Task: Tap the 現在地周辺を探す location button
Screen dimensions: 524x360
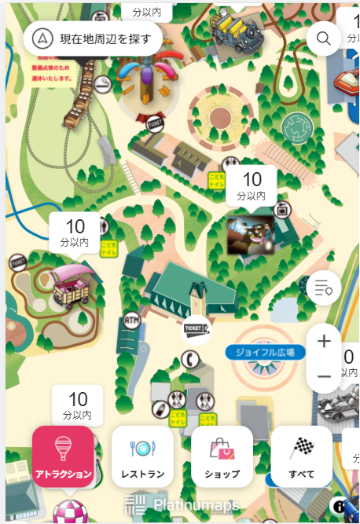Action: click(93, 37)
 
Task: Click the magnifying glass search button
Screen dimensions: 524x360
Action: click(323, 38)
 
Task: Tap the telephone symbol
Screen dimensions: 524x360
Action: click(189, 359)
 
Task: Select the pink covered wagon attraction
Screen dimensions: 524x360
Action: click(73, 284)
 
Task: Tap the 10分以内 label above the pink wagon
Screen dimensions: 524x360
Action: click(75, 233)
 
